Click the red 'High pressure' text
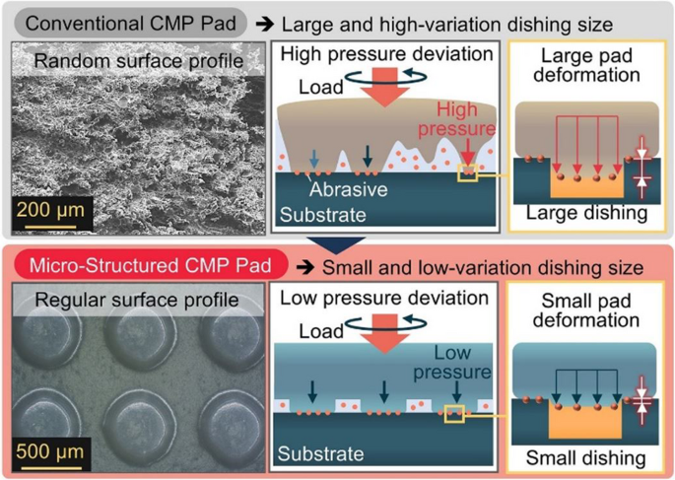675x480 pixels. click(453, 120)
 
